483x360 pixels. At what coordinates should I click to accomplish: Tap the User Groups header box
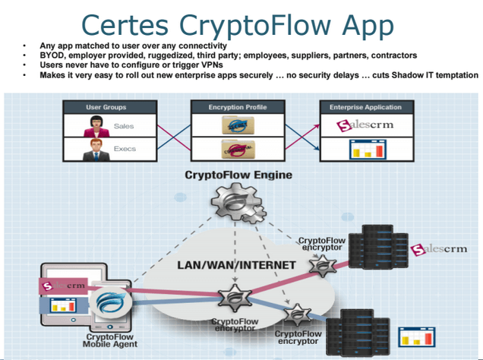coord(106,107)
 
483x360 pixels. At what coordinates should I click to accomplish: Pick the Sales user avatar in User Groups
coord(97,126)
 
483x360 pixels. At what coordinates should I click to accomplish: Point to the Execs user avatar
coord(97,149)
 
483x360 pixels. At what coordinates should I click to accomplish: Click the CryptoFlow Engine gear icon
coord(237,202)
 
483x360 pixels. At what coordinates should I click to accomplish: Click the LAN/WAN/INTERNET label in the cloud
coord(225,265)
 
